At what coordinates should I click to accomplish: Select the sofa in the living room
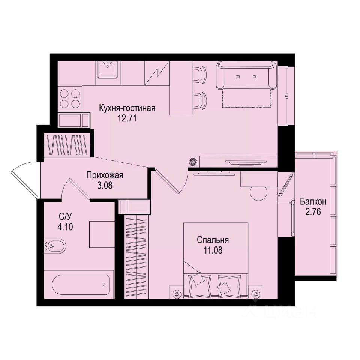coord(246,75)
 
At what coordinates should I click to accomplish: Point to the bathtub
coord(81,285)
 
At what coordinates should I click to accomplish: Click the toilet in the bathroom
coord(55,246)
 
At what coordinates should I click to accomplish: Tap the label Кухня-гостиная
coord(127,109)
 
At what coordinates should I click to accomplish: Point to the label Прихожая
coord(105,175)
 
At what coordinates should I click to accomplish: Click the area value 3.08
coord(105,185)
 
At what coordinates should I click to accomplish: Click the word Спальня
coord(213,240)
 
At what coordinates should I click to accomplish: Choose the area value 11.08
coord(213,250)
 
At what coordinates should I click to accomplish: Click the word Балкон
coord(313,202)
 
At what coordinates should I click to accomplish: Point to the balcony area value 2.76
coord(313,211)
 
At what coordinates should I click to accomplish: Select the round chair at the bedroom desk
coord(258,193)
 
